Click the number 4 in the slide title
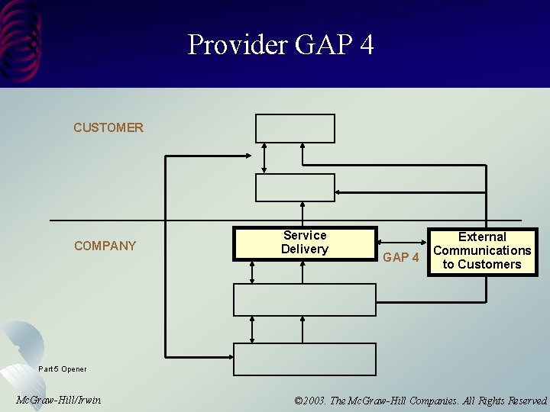pyautogui.click(x=366, y=45)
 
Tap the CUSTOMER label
pyautogui.click(x=108, y=127)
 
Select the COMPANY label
pyautogui.click(x=105, y=246)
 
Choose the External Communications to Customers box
pyautogui.click(x=482, y=251)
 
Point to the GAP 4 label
pyautogui.click(x=401, y=257)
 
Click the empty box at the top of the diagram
pyautogui.click(x=295, y=128)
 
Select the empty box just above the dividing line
pyautogui.click(x=295, y=188)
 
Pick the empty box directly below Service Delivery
pyautogui.click(x=304, y=299)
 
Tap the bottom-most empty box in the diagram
pyautogui.click(x=304, y=359)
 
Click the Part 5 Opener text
pyautogui.click(x=63, y=369)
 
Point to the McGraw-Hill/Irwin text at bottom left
pyautogui.click(x=58, y=400)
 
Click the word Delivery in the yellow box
pyautogui.click(x=305, y=249)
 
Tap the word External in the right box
pyautogui.click(x=482, y=237)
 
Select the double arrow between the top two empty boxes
pyautogui.click(x=264, y=158)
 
